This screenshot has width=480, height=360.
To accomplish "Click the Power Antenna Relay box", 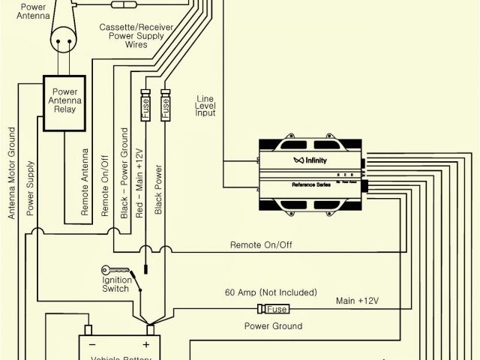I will (x=64, y=103).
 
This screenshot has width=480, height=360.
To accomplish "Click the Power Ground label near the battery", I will (x=273, y=326).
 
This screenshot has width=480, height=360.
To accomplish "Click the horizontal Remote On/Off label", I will (x=261, y=244).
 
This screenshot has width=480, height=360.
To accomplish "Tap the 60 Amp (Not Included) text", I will (x=270, y=292).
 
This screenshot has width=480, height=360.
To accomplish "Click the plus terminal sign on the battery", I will (x=145, y=345).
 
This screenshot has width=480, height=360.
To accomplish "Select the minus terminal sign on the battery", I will (x=92, y=345).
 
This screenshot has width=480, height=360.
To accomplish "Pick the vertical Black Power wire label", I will (x=158, y=191).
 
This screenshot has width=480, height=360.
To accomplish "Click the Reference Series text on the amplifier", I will (x=310, y=183).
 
